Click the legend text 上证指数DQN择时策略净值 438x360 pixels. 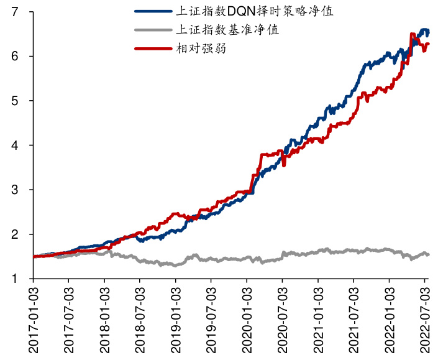255,11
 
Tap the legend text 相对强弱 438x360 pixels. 201,47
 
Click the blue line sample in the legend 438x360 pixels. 152,11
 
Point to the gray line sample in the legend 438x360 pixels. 152,29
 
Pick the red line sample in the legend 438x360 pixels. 152,47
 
